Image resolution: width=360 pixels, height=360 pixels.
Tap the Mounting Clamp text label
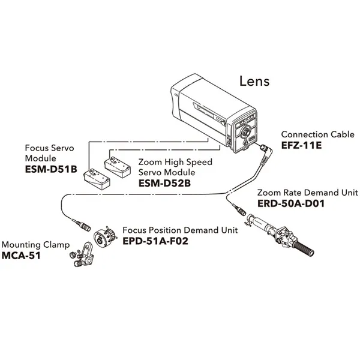coord(35,245)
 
